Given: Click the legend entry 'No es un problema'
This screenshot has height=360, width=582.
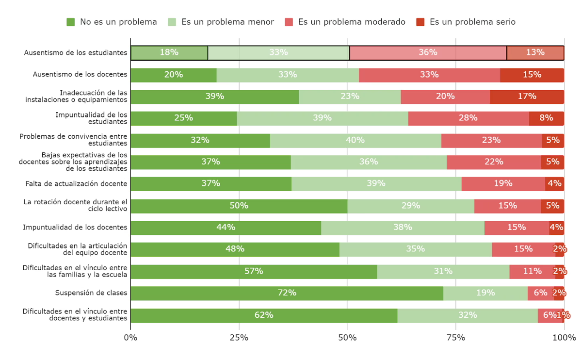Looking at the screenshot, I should point(112,22).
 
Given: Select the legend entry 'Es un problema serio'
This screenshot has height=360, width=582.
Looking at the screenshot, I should point(466,22).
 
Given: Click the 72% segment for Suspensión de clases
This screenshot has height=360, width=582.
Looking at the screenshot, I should point(287,293).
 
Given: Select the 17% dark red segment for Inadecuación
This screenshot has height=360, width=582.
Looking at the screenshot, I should point(527,97).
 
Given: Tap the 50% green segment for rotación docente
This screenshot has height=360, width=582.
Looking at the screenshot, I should point(239,206).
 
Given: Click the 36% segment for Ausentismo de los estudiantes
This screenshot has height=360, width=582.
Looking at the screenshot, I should point(428,53).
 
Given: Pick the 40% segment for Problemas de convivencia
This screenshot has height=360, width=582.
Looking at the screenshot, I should point(356,140).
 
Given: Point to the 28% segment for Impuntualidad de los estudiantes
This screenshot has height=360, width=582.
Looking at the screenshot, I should point(469,118).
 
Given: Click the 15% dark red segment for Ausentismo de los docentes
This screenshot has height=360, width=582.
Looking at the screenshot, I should point(532,75).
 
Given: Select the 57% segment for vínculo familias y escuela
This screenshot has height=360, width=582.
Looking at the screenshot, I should point(254,271).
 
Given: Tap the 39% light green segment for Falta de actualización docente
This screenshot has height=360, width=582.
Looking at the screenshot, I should point(376,184).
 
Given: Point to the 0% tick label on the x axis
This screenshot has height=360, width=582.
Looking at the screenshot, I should point(130,337).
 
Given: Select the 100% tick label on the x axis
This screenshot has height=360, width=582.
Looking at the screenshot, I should point(564,337).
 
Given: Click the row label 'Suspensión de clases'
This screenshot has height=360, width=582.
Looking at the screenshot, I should point(91,293).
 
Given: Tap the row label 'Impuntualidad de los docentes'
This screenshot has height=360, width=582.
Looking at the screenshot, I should point(75,228).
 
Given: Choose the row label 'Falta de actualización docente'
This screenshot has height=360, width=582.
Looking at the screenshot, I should point(76,184).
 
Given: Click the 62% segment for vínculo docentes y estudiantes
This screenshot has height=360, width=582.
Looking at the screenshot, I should point(264,315).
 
